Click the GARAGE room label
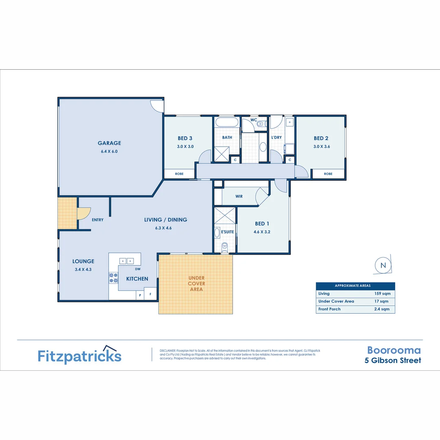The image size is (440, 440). coord(109,143)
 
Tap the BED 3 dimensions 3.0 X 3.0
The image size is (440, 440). coord(185,147)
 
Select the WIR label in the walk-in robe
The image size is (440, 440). coord(239,196)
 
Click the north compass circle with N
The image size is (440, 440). coord(383,265)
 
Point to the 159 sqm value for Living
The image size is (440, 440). coord(382,293)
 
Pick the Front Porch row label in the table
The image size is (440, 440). coord(329,309)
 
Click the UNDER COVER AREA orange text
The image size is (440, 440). coord(196,284)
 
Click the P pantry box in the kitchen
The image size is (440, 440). coord(140,295)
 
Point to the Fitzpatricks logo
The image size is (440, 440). coord(79,355)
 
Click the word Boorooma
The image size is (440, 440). coord(394,350)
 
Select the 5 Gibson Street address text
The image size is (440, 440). coord(393,361)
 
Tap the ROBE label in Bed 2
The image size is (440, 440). coord(328,174)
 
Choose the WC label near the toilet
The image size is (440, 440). coord(253,120)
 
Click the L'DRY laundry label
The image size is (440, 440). coord(276,137)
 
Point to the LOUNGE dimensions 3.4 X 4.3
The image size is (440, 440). coord(83,269)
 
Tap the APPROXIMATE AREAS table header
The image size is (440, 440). coord(355,286)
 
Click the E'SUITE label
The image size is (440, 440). coord(227,232)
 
